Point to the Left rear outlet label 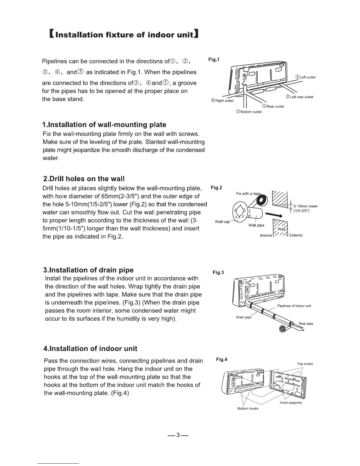tap(299, 97)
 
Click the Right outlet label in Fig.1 tap(222, 101)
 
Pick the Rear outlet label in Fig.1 tap(273, 106)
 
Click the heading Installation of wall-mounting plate tap(104, 125)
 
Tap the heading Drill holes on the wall tap(84, 179)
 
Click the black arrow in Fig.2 tap(274, 214)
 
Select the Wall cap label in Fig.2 tap(222, 222)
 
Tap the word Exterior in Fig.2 tap(296, 235)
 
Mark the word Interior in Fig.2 tap(266, 236)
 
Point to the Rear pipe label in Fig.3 tap(306, 324)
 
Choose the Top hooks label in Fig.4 tap(305, 364)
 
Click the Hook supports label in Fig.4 tap(291, 403)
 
